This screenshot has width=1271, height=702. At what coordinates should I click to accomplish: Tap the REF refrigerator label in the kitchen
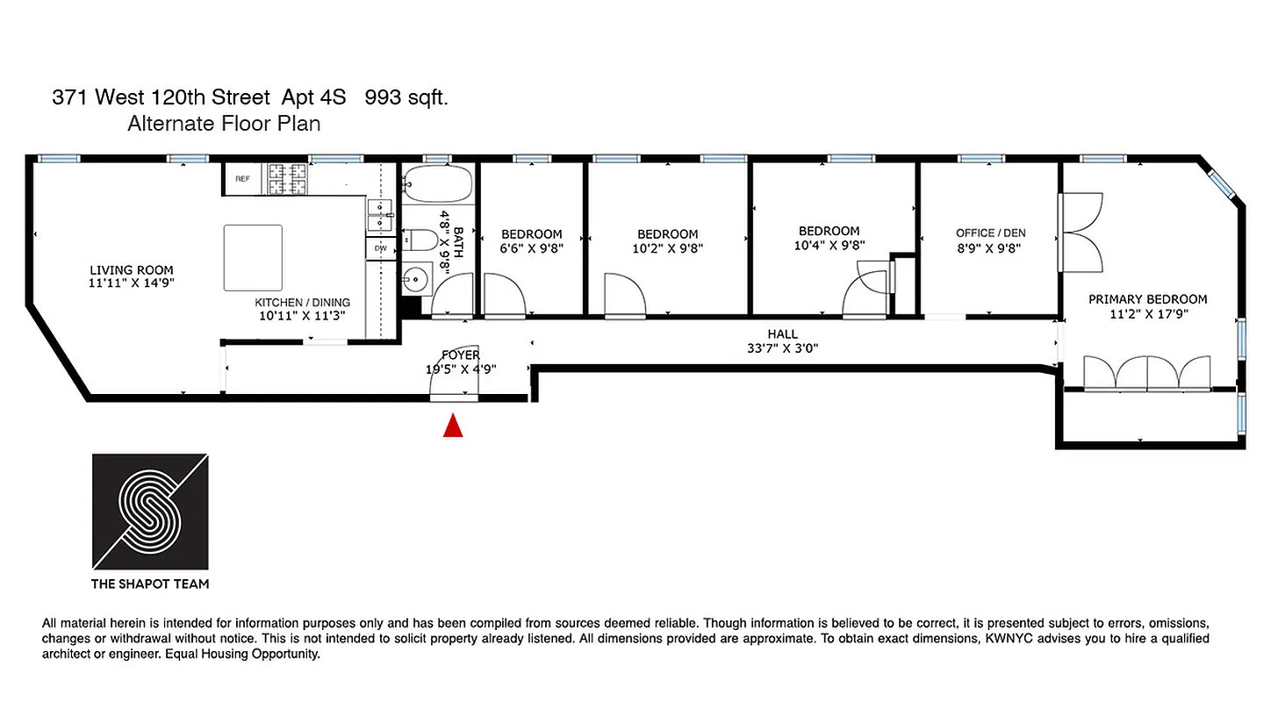click(242, 179)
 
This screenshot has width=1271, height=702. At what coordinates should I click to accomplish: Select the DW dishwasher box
click(380, 248)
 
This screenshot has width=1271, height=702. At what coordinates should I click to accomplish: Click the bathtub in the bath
click(438, 185)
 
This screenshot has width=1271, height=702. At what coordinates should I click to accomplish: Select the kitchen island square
click(253, 257)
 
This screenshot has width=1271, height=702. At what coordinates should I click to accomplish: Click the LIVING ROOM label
click(132, 270)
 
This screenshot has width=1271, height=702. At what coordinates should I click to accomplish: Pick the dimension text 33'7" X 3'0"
click(782, 348)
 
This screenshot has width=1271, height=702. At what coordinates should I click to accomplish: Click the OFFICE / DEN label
click(990, 233)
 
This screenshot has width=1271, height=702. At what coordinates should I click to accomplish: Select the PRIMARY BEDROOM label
click(1147, 299)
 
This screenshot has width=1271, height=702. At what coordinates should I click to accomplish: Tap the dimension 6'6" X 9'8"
click(531, 248)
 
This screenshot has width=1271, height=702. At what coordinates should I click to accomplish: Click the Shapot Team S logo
click(150, 511)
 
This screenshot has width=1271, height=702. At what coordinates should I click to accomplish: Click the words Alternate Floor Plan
click(224, 124)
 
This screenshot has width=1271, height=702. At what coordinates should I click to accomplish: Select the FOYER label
click(461, 355)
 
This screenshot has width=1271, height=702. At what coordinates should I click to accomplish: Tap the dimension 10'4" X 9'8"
click(829, 246)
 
